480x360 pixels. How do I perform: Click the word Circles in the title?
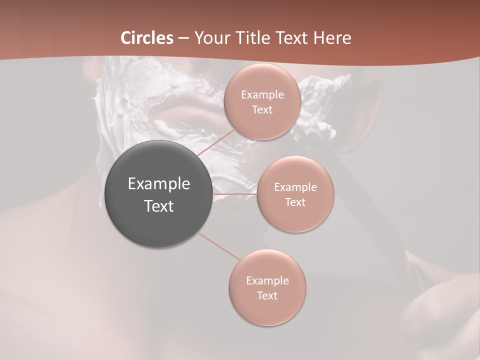[147, 38]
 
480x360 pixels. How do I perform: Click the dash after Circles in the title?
[183, 38]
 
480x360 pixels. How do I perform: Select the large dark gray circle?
[158, 194]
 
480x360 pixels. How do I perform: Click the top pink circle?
[262, 101]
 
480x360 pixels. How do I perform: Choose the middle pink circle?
[295, 194]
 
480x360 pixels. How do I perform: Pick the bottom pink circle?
[267, 287]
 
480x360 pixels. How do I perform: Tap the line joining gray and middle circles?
[234, 194]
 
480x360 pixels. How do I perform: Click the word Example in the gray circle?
[159, 184]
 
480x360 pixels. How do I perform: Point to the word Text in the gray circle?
[159, 206]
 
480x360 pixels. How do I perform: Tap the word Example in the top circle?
[262, 94]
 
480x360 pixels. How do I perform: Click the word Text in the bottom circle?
[267, 295]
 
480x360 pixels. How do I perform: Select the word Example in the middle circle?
[295, 187]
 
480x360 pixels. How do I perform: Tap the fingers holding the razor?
[430, 310]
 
